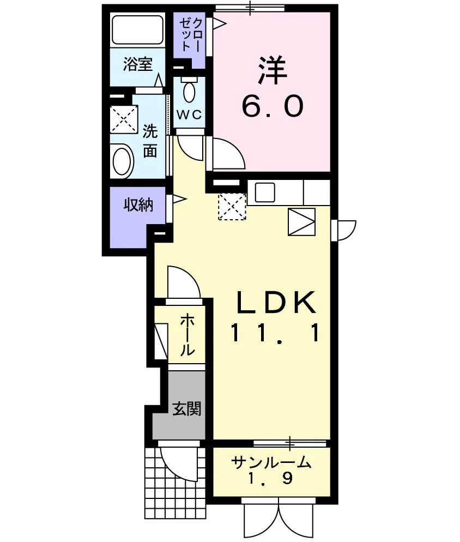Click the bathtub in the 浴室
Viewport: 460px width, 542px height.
point(137,30)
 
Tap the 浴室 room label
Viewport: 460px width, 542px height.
point(138,64)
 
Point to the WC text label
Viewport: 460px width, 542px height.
point(189,114)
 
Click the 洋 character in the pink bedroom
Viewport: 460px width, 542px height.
point(273,70)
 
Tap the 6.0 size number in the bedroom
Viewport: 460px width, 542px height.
point(273,106)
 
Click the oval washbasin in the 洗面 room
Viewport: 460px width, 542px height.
point(122,161)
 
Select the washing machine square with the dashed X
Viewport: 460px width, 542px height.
point(124,119)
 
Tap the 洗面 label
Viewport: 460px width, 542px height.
point(150,140)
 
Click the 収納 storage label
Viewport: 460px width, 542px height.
point(138,205)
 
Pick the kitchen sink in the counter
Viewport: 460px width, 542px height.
point(265,192)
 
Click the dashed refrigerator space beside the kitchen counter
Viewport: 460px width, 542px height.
point(232,207)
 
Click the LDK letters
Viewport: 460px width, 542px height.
point(276,303)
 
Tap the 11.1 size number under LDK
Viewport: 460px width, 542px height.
point(275,333)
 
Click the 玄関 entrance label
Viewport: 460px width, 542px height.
point(186,408)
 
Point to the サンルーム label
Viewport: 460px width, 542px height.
point(271,462)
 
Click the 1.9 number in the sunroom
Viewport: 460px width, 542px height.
point(271,478)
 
